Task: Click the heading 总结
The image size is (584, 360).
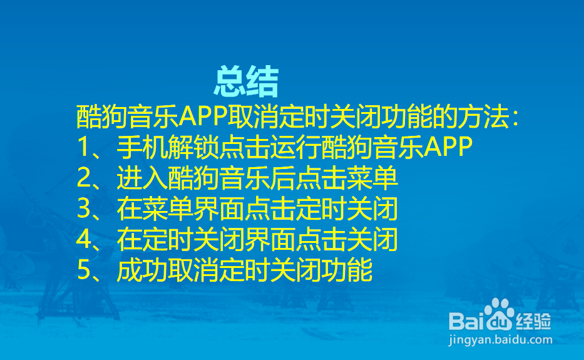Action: coord(246,81)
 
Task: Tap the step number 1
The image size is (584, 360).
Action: coord(83,147)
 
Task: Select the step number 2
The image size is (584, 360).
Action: coord(84,178)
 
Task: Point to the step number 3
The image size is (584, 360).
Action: coord(84,208)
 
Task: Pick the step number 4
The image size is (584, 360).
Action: coord(84,239)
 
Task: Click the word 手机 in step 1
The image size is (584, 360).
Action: coord(142,147)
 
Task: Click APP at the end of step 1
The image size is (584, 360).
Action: coord(448,147)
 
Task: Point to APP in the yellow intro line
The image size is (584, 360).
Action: coord(203,116)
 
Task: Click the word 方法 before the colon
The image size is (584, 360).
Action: coord(483,116)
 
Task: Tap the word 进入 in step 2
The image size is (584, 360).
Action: coord(142,178)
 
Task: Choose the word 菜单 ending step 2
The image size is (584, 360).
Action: coord(372,178)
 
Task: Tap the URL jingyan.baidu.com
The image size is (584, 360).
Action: coord(500,340)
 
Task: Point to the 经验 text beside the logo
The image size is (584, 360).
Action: coord(533,321)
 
